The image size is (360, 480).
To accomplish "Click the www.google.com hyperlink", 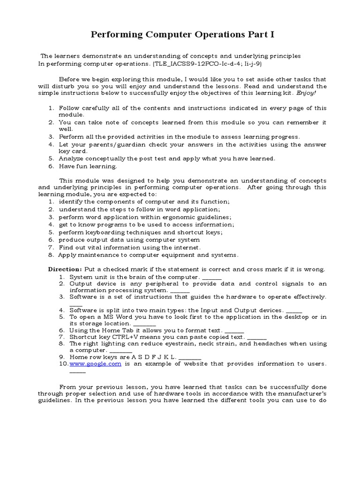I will (x=95, y=364).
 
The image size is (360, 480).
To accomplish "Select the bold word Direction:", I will (x=65, y=270).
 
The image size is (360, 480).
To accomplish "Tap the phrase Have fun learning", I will (x=88, y=166).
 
